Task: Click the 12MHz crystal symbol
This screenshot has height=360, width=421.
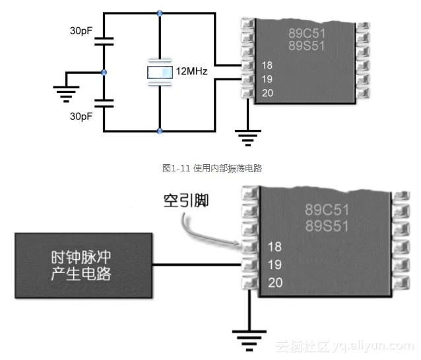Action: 160,72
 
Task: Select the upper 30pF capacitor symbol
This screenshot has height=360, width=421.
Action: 103,42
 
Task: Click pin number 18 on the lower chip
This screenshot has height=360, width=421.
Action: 276,247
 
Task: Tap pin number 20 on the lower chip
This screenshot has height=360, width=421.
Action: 276,283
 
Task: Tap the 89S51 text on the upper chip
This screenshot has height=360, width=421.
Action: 307,45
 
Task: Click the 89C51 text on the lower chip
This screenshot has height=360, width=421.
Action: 326,210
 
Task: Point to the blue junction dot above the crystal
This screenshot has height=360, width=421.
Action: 160,13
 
